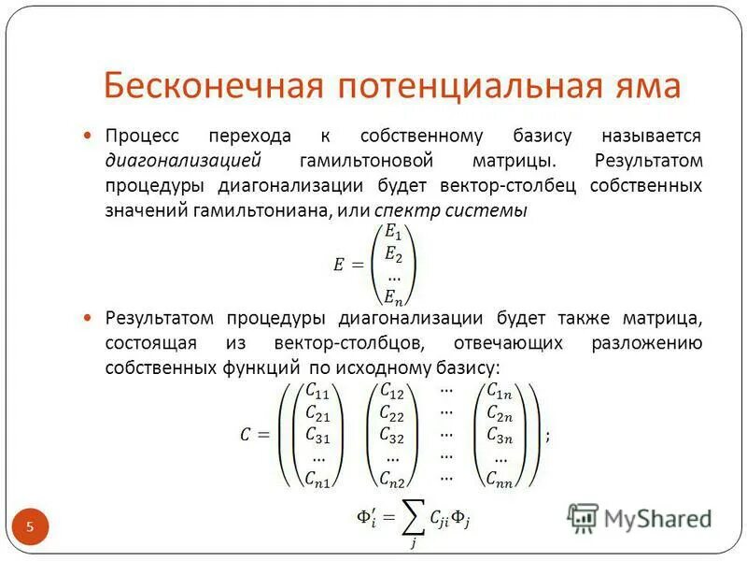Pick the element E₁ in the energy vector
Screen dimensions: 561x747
[x=393, y=235]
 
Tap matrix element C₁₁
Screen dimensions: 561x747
[x=317, y=393]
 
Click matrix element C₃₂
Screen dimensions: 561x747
[x=391, y=436]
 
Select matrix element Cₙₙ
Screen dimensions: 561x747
[x=500, y=479]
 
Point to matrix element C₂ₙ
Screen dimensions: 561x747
[x=500, y=414]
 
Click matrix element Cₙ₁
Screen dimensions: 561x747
[x=317, y=479]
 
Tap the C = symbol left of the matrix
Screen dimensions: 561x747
[x=253, y=436]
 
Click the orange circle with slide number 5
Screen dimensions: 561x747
[x=29, y=528]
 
